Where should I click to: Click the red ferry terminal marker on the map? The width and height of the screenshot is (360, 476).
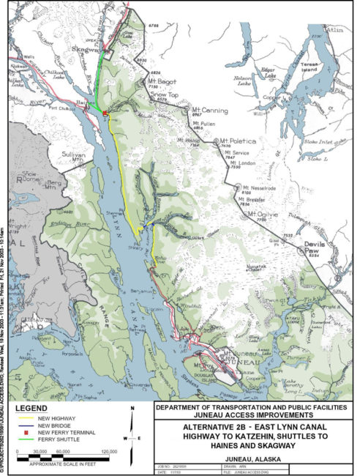(x=105, y=114)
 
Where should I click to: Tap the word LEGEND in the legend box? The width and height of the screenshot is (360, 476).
(x=34, y=408)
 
